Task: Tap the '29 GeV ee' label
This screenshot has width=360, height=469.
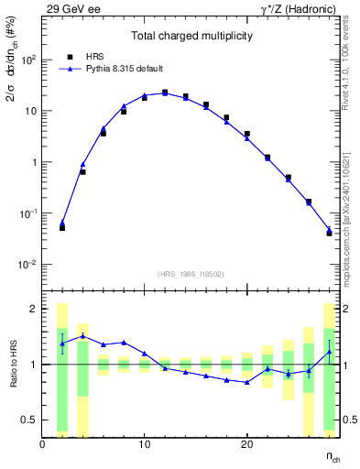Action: tap(69, 8)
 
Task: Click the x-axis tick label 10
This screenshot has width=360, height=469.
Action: tap(144, 445)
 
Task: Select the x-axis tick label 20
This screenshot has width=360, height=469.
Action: tap(246, 445)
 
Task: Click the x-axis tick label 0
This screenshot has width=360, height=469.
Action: tap(43, 445)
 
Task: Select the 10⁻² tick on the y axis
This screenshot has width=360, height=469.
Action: tap(29, 265)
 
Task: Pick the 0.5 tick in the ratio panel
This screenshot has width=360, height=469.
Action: tap(32, 420)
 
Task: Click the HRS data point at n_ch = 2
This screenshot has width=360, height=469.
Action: tap(62, 227)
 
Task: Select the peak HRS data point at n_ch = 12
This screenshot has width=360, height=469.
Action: tap(165, 93)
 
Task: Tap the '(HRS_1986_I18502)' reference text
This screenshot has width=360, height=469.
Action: tap(190, 274)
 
